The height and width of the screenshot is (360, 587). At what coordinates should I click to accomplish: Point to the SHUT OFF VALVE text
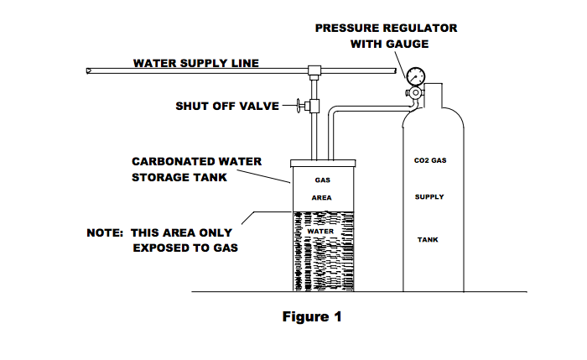226,107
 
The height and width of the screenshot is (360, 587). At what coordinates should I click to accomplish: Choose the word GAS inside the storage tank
323,180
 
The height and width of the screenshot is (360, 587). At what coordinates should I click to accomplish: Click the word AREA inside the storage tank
323,198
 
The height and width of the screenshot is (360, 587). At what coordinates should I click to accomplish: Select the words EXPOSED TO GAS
183,248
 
